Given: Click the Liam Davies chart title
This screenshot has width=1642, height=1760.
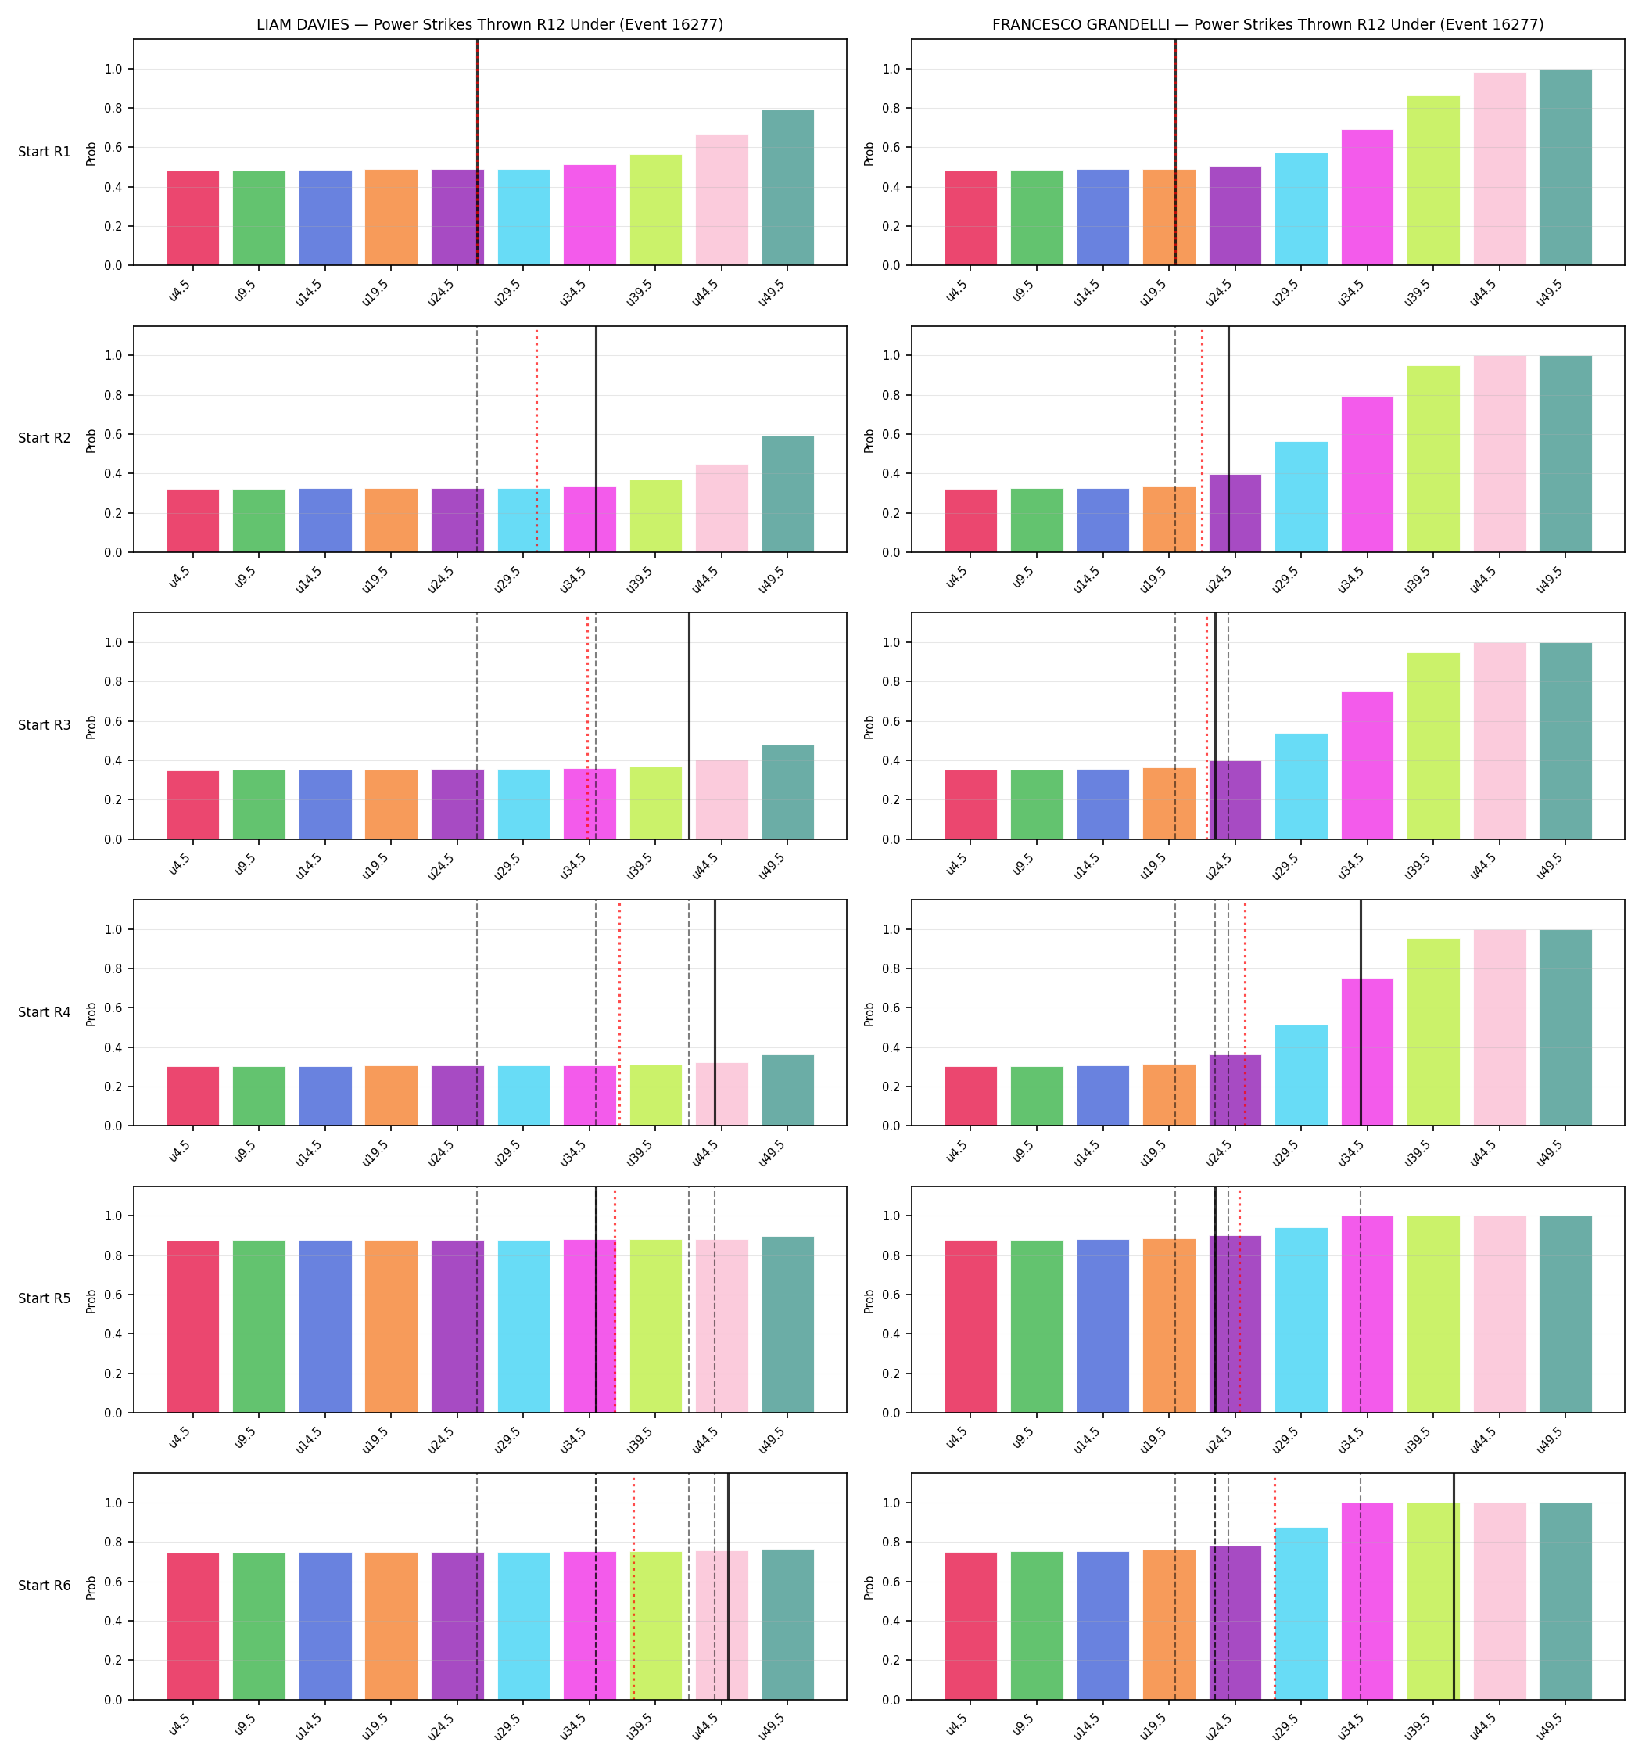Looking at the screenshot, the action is (x=489, y=25).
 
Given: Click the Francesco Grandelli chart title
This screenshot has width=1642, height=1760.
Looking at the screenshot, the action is (x=1267, y=25).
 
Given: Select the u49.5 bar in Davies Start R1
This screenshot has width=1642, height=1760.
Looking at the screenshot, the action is (x=788, y=188).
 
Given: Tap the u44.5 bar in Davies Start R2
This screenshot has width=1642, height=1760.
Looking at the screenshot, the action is (x=722, y=508).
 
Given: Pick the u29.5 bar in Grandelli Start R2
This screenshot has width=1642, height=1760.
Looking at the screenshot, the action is (x=1301, y=497).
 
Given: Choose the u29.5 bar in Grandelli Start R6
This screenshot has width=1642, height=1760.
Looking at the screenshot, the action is (x=1301, y=1613).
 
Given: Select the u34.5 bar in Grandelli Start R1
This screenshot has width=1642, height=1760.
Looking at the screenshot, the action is (x=1368, y=197).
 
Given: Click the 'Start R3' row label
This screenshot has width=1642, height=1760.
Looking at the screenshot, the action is (x=45, y=725).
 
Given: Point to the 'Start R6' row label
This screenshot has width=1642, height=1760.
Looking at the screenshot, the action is (x=45, y=1586).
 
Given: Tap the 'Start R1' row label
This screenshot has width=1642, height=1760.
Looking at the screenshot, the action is (x=45, y=152).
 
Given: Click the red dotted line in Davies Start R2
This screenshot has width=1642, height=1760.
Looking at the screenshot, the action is (x=536, y=440).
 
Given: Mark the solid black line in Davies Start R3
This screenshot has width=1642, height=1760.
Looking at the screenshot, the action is (x=690, y=726).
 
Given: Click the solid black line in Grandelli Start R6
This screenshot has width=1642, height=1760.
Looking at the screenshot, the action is (x=1454, y=1586).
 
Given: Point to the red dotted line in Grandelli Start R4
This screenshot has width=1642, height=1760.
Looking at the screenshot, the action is (x=1246, y=1014).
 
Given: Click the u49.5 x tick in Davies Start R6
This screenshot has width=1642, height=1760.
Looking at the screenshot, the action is (x=773, y=1725).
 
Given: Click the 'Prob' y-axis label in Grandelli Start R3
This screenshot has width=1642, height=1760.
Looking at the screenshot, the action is (x=869, y=727).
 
